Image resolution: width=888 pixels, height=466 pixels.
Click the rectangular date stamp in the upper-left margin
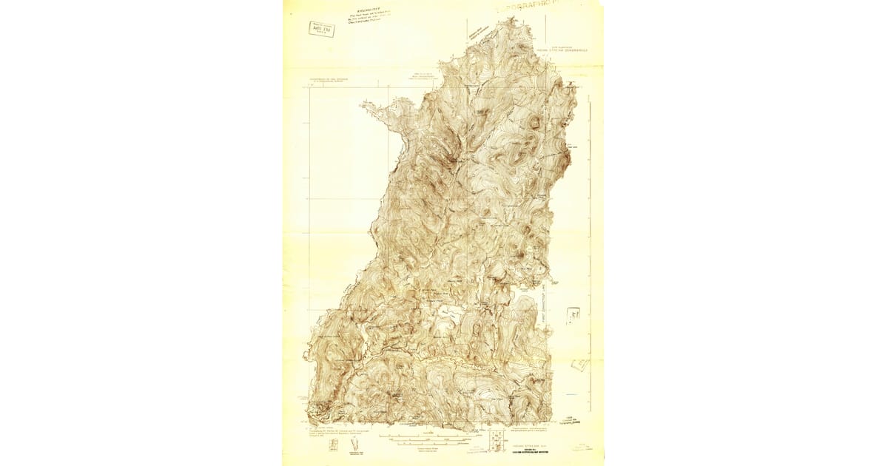click(321, 29)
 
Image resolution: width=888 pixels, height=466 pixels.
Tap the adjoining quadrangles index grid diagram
click(495, 438)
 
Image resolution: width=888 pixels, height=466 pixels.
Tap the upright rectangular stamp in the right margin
click(573, 315)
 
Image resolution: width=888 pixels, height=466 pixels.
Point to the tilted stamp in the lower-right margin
click(580, 365)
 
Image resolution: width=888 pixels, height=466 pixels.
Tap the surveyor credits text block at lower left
click(330, 430)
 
